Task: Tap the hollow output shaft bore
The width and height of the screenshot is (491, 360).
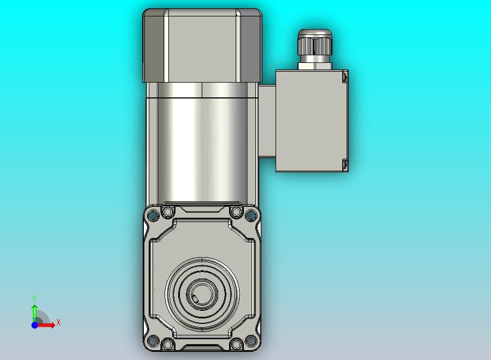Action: pyautogui.click(x=202, y=294)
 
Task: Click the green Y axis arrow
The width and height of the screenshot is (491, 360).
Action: pyautogui.click(x=35, y=311)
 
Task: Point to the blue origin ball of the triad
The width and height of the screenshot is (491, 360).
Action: pyautogui.click(x=34, y=325)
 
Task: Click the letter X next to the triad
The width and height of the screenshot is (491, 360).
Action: pyautogui.click(x=59, y=322)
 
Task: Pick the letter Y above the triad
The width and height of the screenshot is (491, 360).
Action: pyautogui.click(x=34, y=298)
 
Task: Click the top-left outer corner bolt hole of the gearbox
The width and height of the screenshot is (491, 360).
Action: pyautogui.click(x=153, y=215)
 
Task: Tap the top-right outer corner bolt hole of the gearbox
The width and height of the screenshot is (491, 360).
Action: pyautogui.click(x=250, y=215)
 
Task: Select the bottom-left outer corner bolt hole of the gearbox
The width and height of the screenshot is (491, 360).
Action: pyautogui.click(x=153, y=340)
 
